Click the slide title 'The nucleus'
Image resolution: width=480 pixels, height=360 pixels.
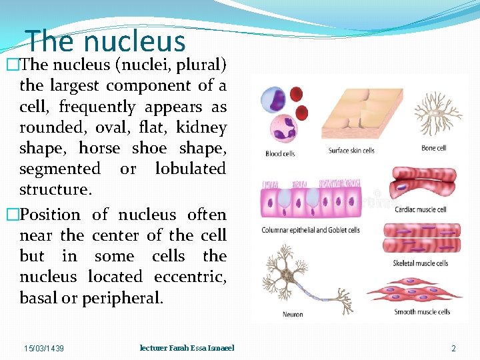105,41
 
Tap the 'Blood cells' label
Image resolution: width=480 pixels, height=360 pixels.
280,154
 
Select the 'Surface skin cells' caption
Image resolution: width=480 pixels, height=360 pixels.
351,150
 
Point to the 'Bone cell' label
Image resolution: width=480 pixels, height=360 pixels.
433,148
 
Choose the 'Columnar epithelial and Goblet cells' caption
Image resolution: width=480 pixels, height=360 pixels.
311,230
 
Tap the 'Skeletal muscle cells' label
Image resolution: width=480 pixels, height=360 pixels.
421,263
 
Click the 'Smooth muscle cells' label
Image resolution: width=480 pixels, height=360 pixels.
422,311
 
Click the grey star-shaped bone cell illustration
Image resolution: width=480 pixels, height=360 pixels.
437,113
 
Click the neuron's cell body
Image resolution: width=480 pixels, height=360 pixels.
287,272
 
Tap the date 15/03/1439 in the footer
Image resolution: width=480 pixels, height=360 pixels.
44,348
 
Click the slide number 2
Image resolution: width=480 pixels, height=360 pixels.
453,348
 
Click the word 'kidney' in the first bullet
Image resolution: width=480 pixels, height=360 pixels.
201,127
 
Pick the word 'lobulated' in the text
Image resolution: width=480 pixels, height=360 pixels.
190,169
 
